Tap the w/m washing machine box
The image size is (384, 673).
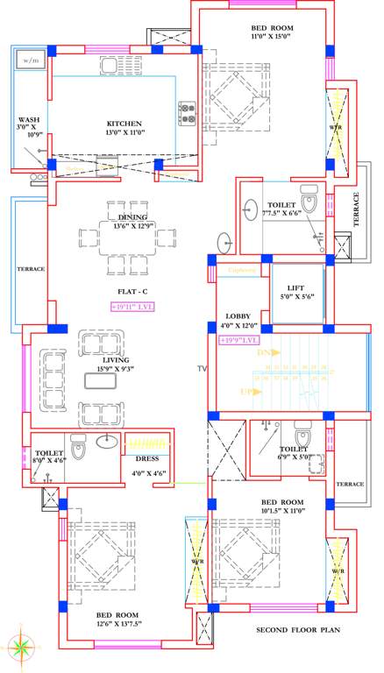(32, 60)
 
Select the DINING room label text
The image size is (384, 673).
(132, 216)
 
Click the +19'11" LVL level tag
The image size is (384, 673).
(132, 307)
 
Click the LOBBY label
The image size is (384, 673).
(238, 315)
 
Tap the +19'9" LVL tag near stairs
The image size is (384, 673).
(239, 339)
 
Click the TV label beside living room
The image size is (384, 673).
(203, 369)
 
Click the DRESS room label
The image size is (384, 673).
(146, 458)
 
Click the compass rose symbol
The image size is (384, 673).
(18, 649)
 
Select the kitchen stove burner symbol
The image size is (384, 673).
(187, 111)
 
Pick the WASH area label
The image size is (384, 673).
(29, 120)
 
